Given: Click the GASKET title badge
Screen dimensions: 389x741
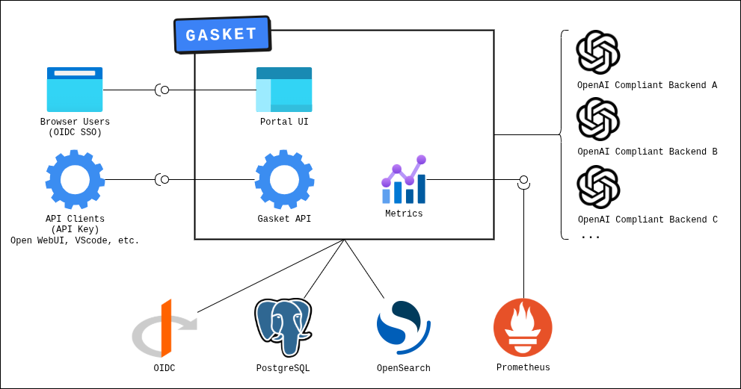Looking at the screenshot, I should [222, 35].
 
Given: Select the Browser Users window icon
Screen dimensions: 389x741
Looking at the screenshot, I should [75, 90].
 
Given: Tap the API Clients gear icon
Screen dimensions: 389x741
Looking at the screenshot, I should [75, 179].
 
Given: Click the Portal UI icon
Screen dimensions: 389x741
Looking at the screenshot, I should [284, 90].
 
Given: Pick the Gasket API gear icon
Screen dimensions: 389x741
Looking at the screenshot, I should [284, 179].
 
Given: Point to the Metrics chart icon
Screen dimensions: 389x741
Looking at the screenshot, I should [404, 180].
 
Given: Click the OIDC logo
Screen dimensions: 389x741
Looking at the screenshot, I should [164, 329].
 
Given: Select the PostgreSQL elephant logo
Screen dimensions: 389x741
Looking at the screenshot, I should [283, 327].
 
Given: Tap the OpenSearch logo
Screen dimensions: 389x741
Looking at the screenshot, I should [403, 327].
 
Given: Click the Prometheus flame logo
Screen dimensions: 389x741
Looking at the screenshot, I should [523, 327].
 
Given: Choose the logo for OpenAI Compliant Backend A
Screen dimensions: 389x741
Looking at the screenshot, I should [598, 52].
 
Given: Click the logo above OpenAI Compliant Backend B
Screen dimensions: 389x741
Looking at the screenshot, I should [598, 119].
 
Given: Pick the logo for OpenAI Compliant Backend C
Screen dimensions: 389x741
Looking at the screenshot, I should [598, 187].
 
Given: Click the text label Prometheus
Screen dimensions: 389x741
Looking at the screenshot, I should [523, 367].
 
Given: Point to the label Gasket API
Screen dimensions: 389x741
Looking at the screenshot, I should [284, 219].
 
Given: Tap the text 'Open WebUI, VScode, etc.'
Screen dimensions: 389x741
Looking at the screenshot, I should [75, 241].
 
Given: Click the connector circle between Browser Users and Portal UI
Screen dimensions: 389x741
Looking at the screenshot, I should [165, 90].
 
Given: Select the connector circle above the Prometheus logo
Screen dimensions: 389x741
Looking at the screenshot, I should [523, 180].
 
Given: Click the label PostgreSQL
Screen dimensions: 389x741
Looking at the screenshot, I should [283, 368].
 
